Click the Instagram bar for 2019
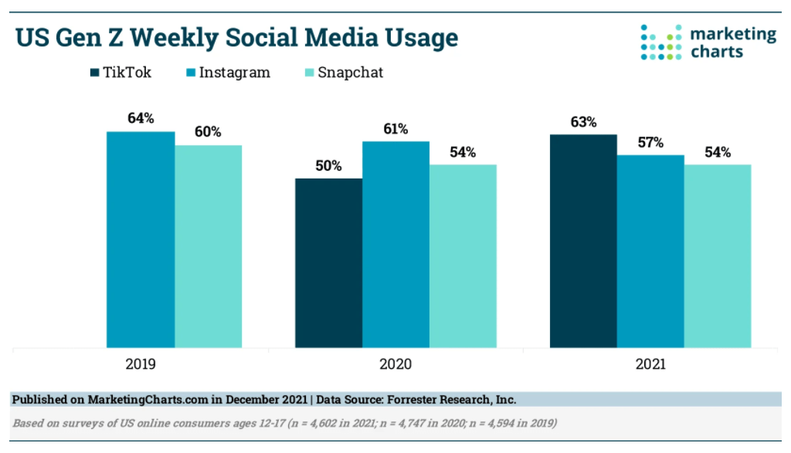(141, 240)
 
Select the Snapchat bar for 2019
(208, 247)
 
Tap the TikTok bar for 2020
(329, 263)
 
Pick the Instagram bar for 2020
(395, 244)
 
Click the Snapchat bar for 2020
(463, 256)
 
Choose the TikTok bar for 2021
(583, 240)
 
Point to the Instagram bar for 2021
(650, 251)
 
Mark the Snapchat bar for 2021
(718, 256)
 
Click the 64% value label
(141, 118)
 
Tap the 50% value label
(329, 165)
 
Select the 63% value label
(583, 121)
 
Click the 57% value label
(650, 142)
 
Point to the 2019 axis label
(141, 364)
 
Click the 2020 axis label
(395, 364)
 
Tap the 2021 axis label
(650, 364)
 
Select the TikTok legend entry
(121, 73)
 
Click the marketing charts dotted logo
(661, 42)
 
